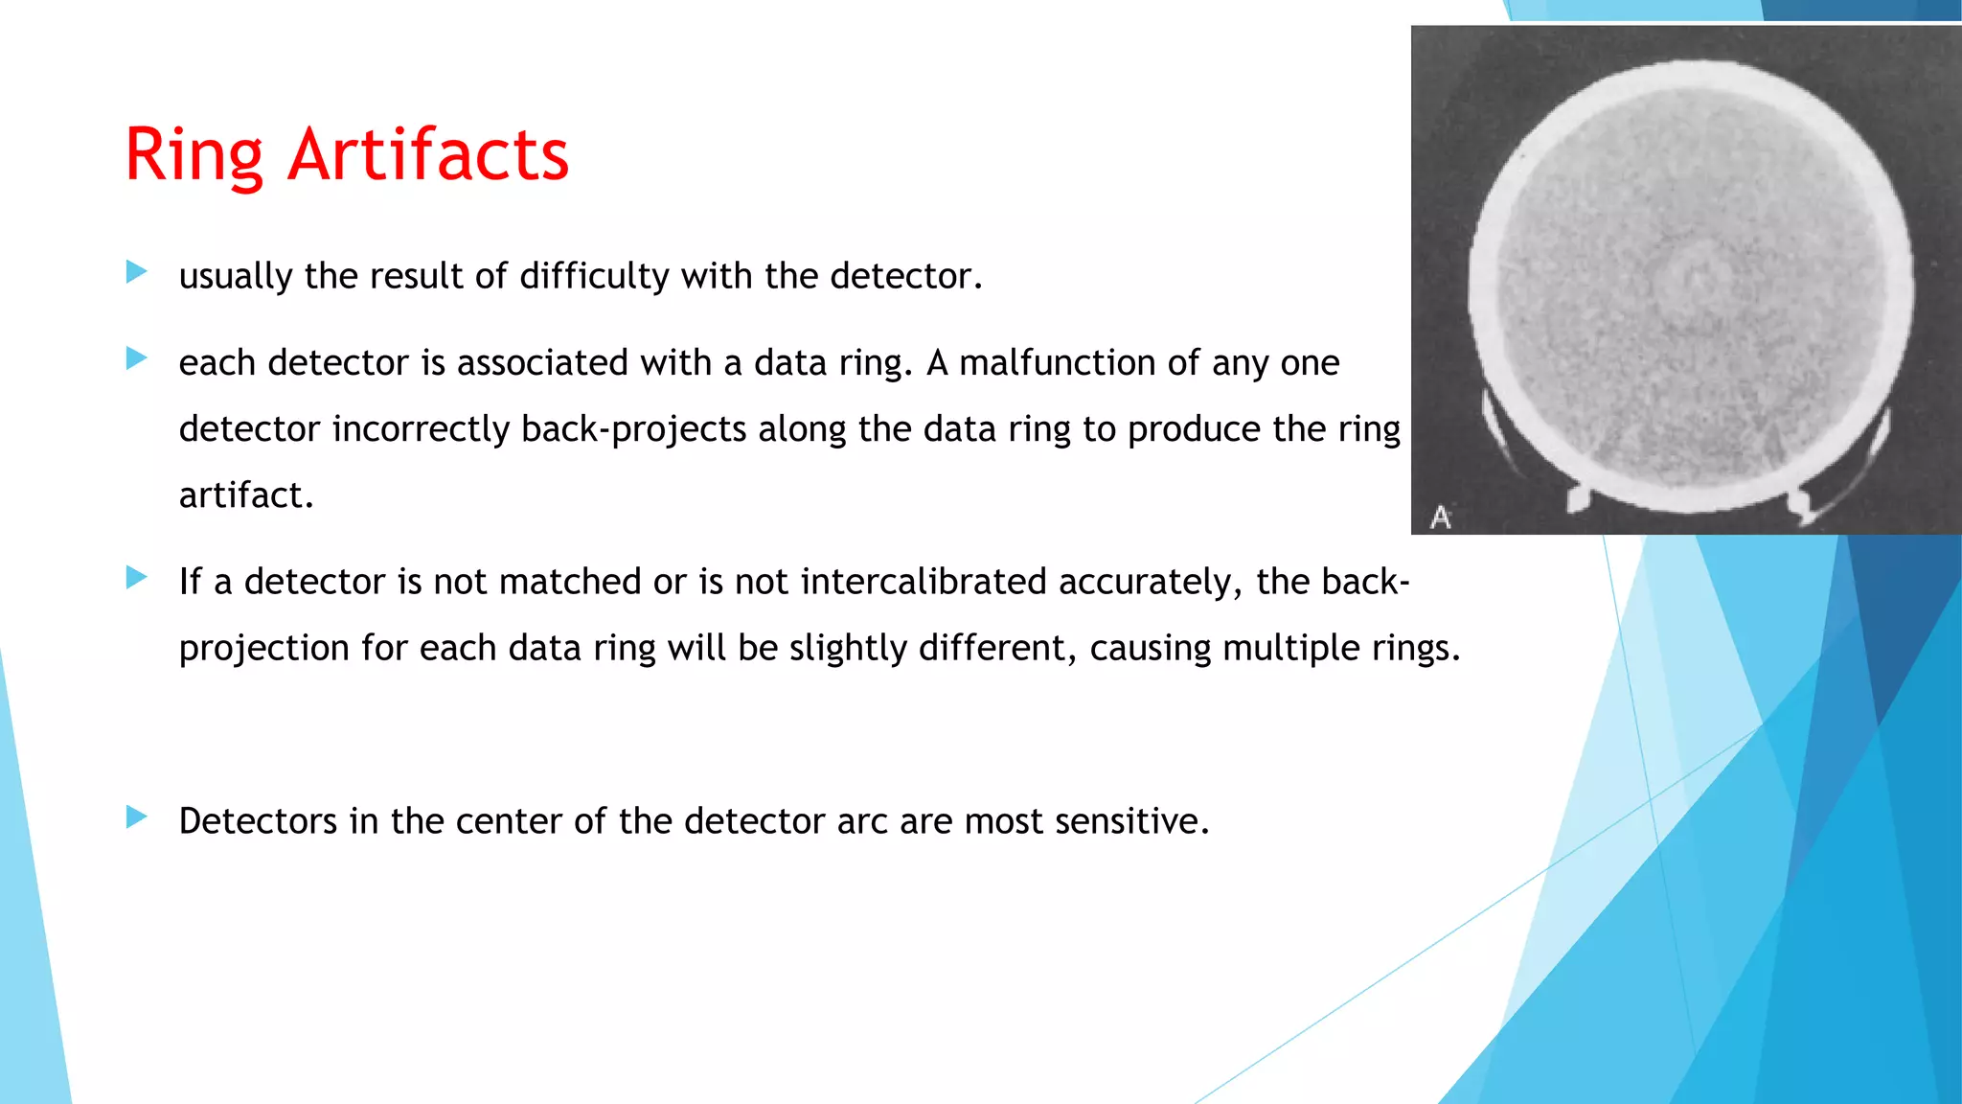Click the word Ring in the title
194,155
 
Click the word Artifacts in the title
428,155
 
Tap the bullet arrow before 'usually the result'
136,272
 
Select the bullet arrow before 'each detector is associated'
136,359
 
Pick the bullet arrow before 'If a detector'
136,578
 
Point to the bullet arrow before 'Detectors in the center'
136,817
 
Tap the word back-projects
633,429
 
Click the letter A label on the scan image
1440,517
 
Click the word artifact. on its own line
246,495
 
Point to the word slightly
847,649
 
